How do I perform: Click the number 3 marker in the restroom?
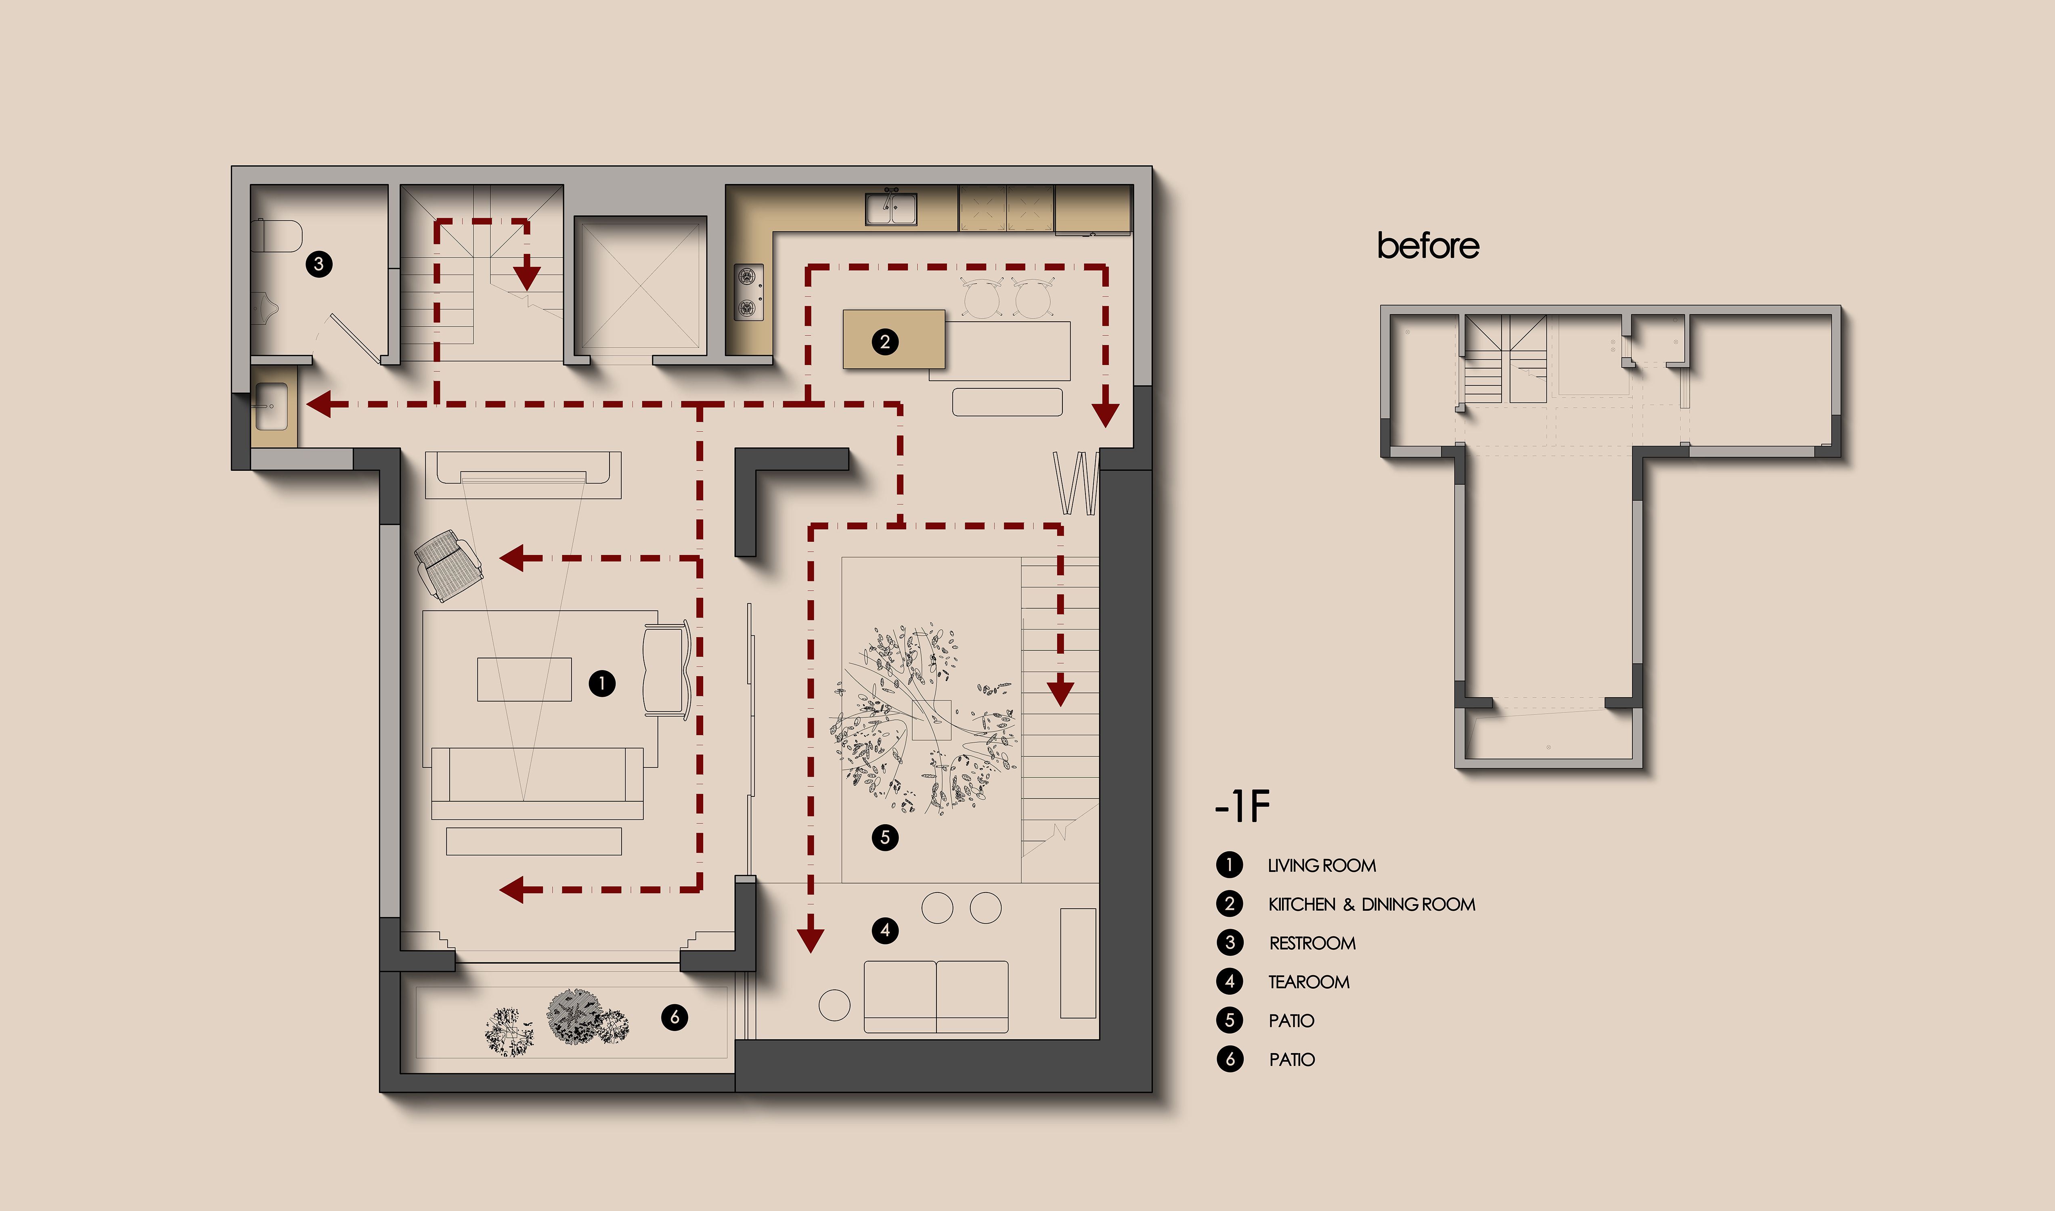point(319,264)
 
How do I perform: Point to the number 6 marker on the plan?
point(675,1017)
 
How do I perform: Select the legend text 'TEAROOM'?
point(1309,982)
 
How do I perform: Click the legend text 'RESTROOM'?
point(1312,943)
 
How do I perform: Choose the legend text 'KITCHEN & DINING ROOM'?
point(1371,904)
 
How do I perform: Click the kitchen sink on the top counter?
point(891,207)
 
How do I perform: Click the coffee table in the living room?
point(524,679)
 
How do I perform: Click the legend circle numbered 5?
point(1230,1020)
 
